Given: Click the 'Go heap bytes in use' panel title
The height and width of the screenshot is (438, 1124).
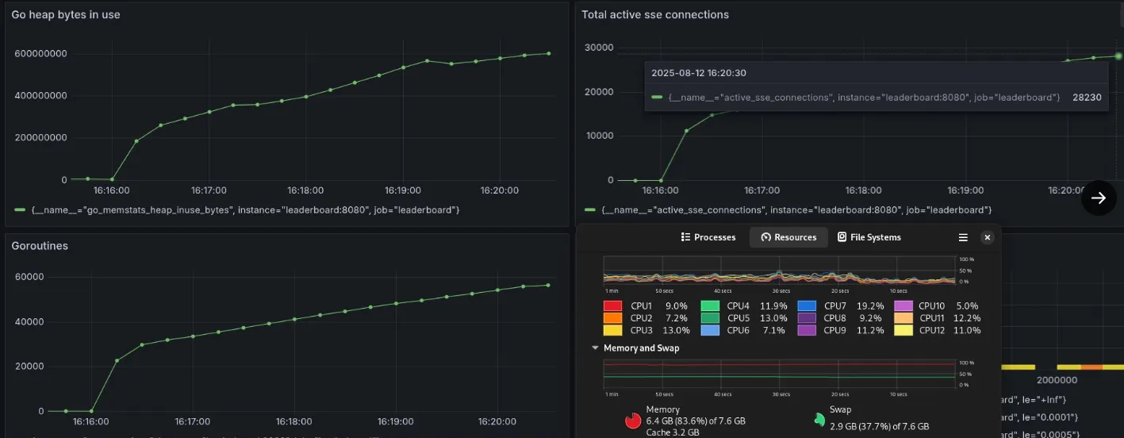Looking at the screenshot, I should tap(66, 15).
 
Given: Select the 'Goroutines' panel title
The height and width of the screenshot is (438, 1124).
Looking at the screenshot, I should tap(40, 246).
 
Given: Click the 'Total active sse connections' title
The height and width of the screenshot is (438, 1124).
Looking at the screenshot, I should tap(654, 15).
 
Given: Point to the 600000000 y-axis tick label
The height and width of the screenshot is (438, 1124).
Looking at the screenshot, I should tap(40, 54).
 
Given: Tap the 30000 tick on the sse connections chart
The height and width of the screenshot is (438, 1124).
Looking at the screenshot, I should tap(599, 48).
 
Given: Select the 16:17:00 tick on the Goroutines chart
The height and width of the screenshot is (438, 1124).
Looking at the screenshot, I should tap(192, 422).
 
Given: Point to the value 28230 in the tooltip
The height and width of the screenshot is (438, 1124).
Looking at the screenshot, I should tap(1087, 98).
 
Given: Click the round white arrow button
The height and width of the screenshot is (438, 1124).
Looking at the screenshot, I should tap(1099, 198).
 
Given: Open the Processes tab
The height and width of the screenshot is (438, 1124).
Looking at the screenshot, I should tap(708, 237).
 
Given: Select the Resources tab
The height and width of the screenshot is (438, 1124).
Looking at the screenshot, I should tap(788, 237).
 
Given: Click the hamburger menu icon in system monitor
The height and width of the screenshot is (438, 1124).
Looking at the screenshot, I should tap(963, 237).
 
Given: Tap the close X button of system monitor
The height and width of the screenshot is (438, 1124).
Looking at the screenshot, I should tap(987, 237).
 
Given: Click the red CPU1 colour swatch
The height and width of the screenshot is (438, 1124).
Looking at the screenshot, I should tap(612, 306).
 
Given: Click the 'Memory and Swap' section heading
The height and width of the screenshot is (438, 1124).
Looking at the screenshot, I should tap(641, 348).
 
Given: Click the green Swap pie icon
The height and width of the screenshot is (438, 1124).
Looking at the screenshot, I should tap(819, 419).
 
